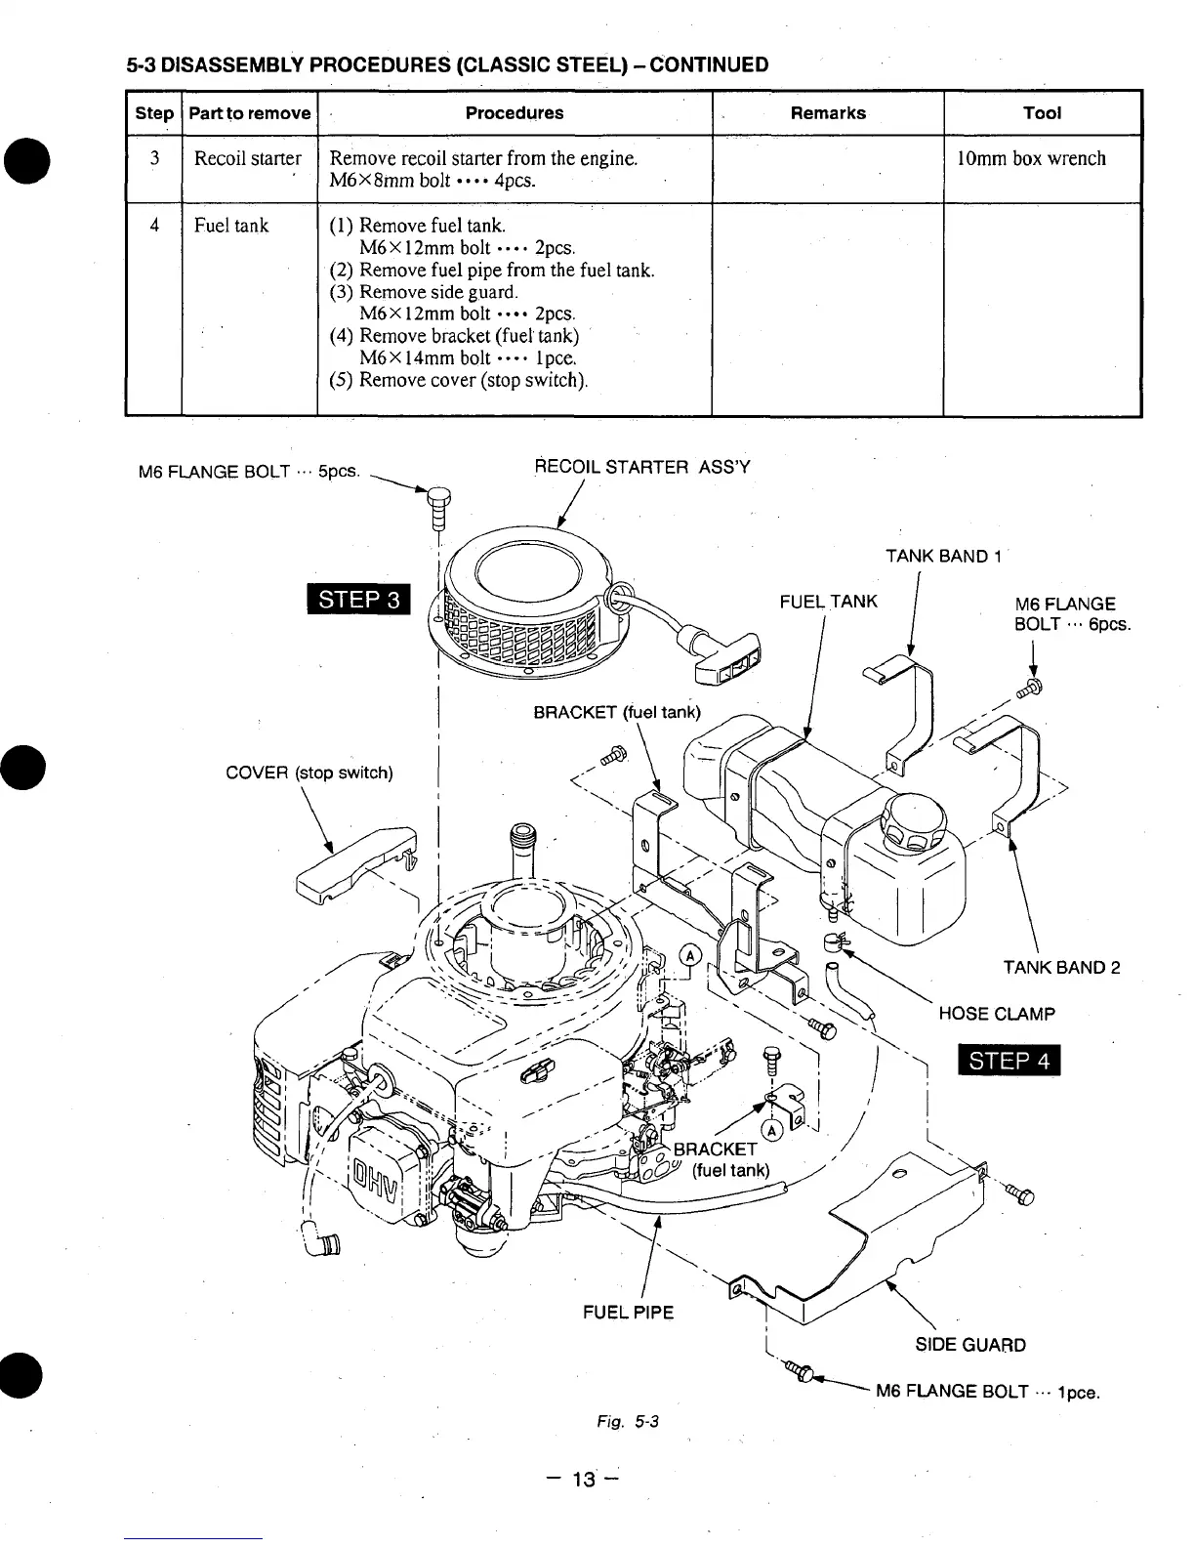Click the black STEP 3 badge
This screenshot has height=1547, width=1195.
point(358,599)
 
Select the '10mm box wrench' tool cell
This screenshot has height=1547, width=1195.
point(1031,159)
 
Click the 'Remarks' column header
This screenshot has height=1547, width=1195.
point(828,113)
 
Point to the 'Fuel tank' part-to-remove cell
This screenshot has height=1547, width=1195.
point(231,226)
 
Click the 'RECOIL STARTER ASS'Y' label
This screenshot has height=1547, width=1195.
point(642,467)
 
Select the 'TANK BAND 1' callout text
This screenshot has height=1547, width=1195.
point(943,557)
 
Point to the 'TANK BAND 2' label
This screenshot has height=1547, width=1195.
point(1061,968)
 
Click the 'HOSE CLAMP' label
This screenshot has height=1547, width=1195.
point(996,1014)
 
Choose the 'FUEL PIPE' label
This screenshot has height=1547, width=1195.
point(628,1313)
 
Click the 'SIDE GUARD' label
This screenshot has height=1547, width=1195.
point(969,1345)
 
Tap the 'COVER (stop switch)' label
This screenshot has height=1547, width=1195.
point(309,773)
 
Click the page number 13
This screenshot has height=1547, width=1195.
point(583,1480)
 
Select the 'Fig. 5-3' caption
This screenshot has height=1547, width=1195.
point(628,1422)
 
